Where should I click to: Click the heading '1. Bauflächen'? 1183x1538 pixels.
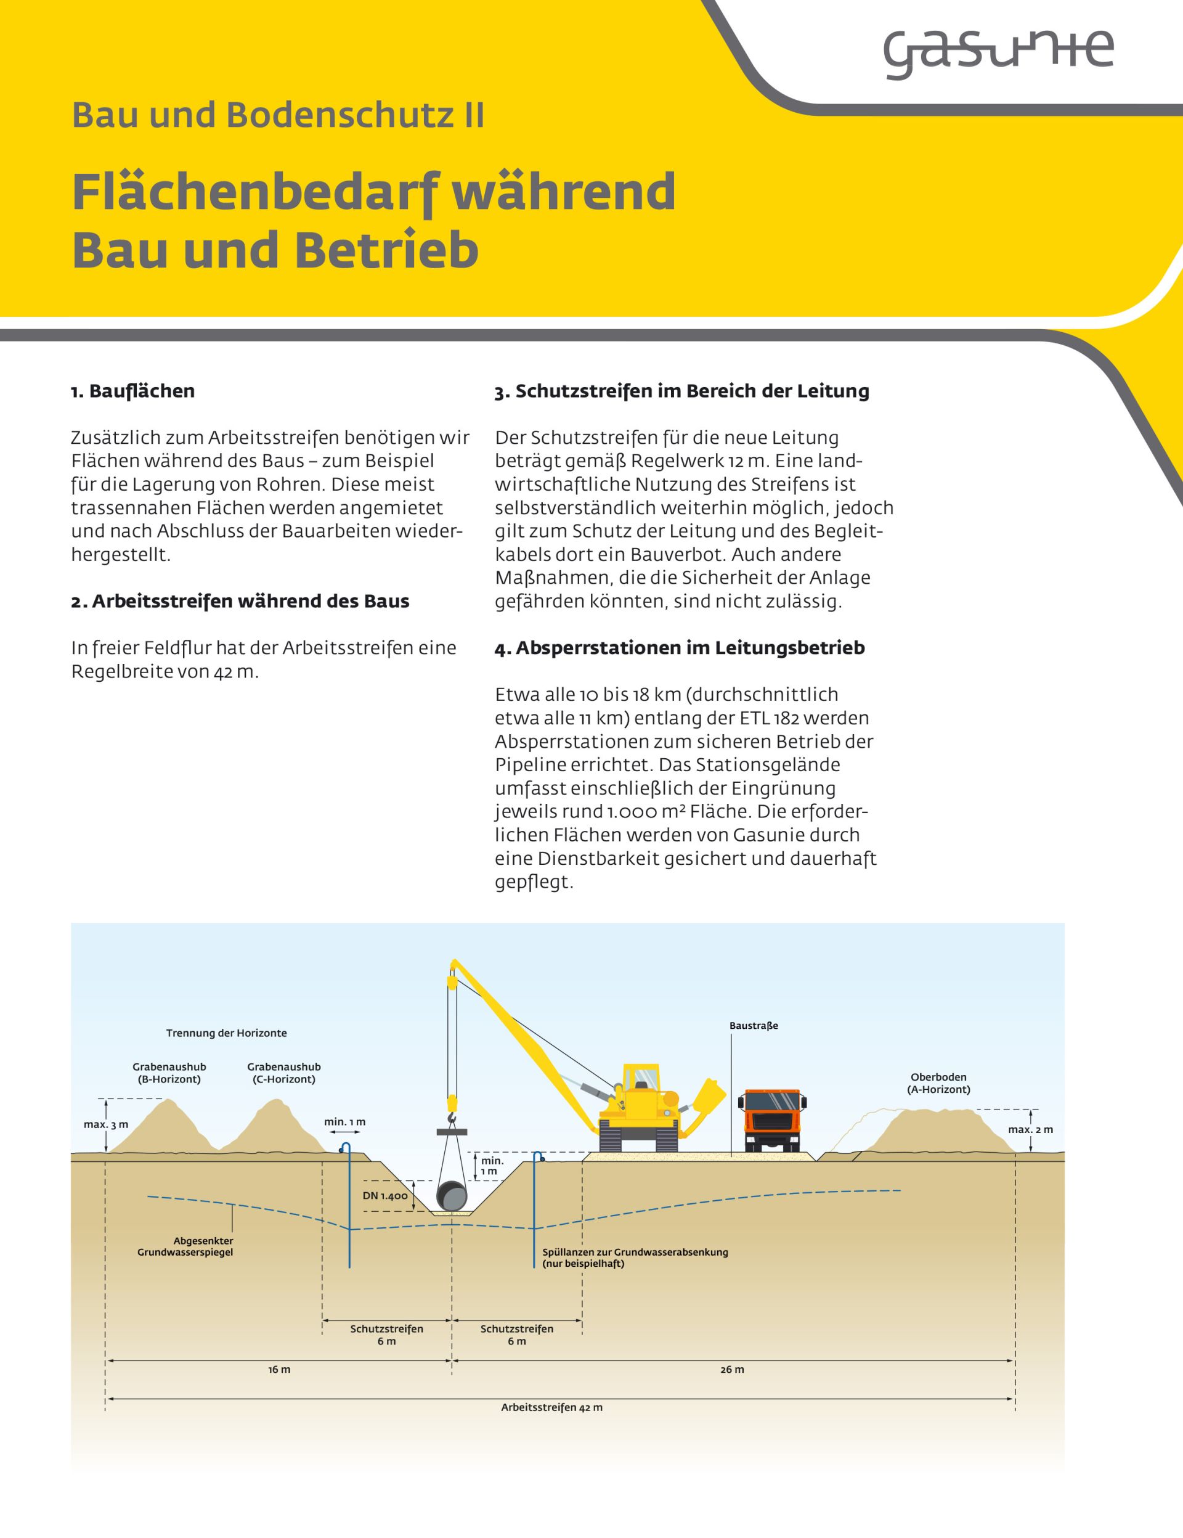tap(132, 391)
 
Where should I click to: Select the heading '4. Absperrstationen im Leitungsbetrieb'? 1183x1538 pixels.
tap(679, 648)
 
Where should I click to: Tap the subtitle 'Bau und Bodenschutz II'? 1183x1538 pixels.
tap(278, 115)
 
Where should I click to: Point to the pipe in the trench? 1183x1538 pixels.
tap(451, 1196)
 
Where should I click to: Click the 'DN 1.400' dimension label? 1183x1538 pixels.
tap(385, 1196)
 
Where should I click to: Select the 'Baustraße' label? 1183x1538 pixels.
tap(754, 1026)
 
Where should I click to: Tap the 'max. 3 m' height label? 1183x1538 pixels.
tap(105, 1124)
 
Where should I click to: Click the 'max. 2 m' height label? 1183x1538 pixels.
tap(1030, 1129)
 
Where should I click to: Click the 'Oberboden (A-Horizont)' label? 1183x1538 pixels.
tap(938, 1083)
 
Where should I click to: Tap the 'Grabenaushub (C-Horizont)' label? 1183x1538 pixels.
tap(283, 1073)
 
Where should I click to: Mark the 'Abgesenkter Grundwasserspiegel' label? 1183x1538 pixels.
tap(185, 1246)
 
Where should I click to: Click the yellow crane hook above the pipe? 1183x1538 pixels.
tap(451, 1111)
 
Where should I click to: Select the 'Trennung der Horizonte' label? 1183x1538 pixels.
tap(227, 1033)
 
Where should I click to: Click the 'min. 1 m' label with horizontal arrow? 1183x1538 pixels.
tap(345, 1122)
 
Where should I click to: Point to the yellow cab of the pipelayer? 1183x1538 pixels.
tap(643, 1078)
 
